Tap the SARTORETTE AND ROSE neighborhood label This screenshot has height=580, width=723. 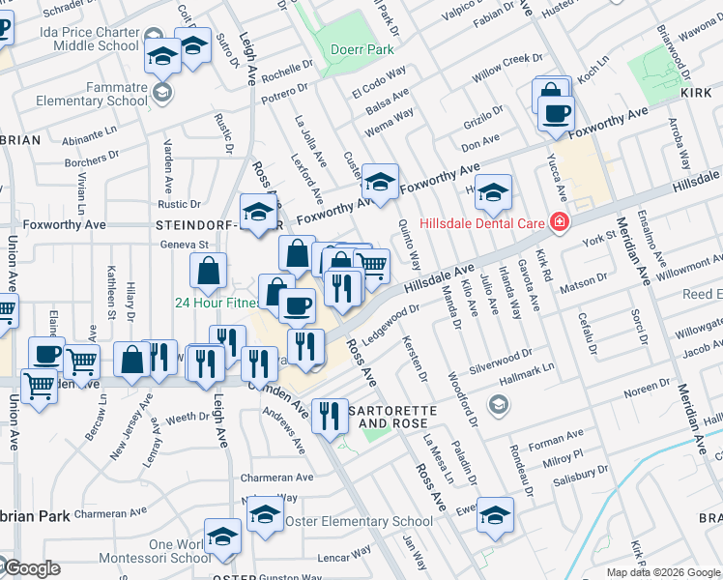[399, 417]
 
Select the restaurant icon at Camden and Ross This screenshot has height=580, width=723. [331, 416]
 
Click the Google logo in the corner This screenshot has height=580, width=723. [31, 568]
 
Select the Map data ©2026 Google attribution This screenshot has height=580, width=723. [662, 572]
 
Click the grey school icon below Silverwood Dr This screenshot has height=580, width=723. [498, 403]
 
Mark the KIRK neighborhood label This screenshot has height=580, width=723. [696, 91]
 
